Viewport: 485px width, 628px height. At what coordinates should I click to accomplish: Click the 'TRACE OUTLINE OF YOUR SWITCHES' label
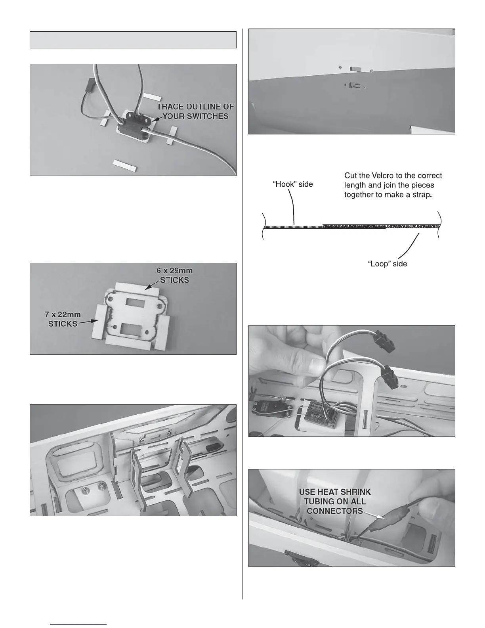[195, 111]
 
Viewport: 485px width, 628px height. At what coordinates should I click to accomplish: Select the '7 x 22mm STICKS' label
[63, 319]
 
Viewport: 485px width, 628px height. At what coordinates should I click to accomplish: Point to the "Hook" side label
[294, 184]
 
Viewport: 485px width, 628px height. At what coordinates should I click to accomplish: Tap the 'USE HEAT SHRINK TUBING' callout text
[335, 502]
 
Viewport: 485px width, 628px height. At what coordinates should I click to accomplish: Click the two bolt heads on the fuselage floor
[94, 490]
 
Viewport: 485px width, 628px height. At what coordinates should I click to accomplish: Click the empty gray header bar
[133, 40]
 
